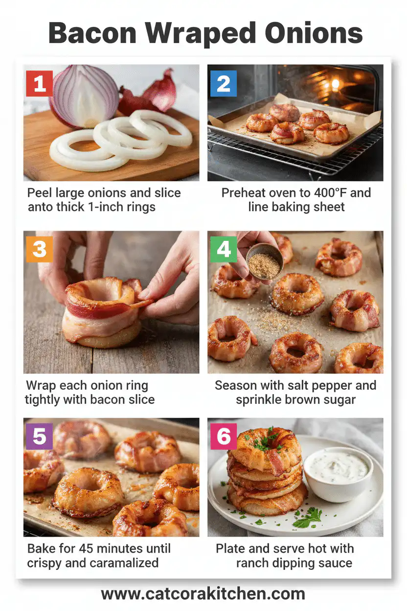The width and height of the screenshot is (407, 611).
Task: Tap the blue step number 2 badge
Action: click(x=224, y=84)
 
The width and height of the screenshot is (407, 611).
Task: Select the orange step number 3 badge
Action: click(x=39, y=249)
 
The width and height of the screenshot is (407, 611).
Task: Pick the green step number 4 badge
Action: click(x=224, y=249)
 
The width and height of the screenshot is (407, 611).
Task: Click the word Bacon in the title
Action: click(x=93, y=33)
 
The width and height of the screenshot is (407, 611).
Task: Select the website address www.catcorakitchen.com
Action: click(x=203, y=594)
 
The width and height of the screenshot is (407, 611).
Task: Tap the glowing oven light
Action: click(x=335, y=84)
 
